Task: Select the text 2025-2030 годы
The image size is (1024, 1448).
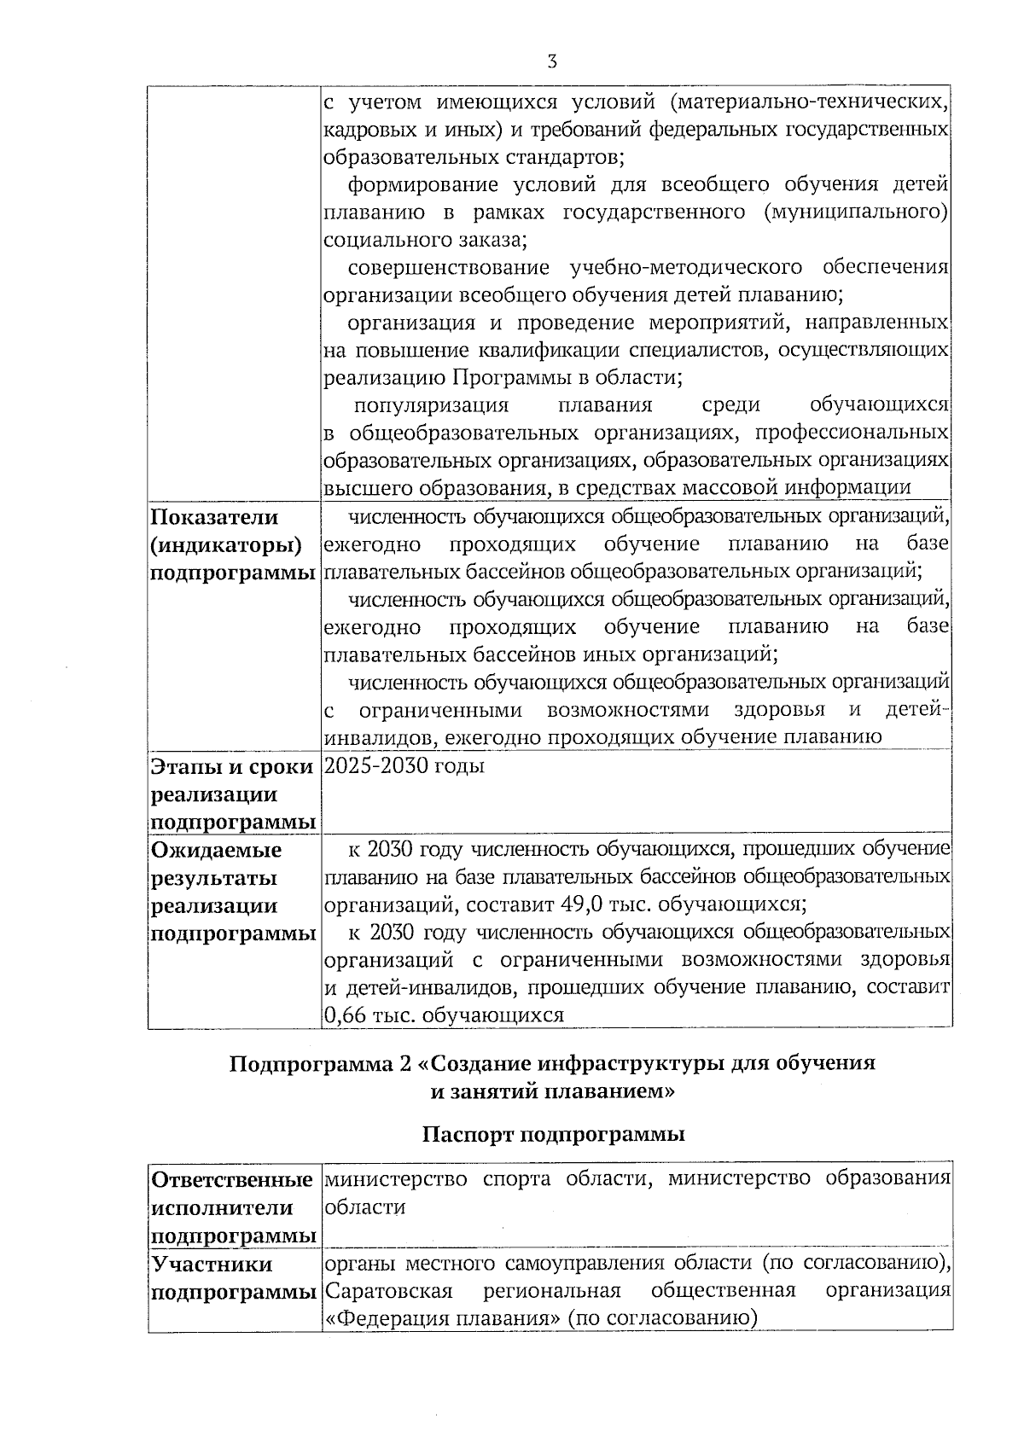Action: click(404, 765)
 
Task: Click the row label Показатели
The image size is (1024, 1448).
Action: click(215, 517)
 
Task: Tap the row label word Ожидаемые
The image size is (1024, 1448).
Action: click(216, 850)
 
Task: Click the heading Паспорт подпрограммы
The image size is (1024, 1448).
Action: click(553, 1135)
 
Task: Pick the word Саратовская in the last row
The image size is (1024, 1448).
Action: click(389, 1289)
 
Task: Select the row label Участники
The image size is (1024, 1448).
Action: click(212, 1264)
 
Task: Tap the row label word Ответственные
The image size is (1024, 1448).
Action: click(231, 1180)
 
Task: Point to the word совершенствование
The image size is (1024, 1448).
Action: click(447, 267)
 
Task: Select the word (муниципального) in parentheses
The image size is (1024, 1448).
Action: click(856, 212)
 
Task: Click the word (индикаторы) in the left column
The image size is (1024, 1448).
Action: click(226, 544)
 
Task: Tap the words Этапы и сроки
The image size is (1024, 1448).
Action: click(231, 766)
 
